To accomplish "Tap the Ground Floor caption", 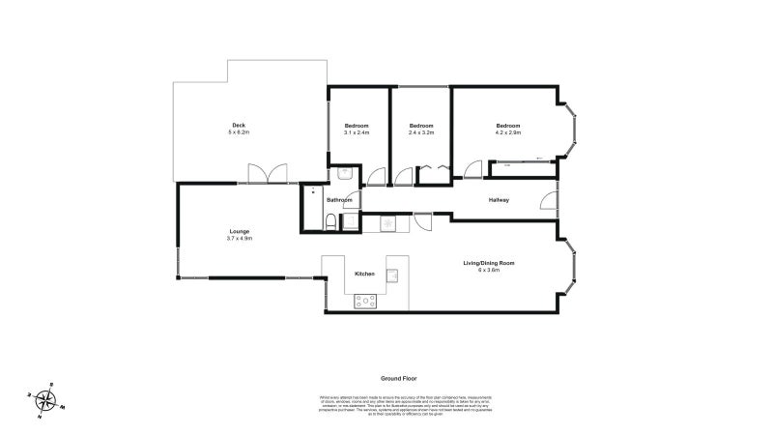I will pyautogui.click(x=398, y=379).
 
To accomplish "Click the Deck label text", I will pyautogui.click(x=238, y=125).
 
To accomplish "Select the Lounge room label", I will pyautogui.click(x=239, y=231).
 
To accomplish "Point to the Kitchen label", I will pyautogui.click(x=364, y=275).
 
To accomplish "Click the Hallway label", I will pyautogui.click(x=499, y=200).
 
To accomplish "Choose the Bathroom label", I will pyautogui.click(x=339, y=200).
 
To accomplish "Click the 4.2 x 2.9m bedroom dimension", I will pyautogui.click(x=508, y=133).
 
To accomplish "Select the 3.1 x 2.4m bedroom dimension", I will pyautogui.click(x=357, y=133).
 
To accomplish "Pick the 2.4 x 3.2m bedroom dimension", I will pyautogui.click(x=420, y=133).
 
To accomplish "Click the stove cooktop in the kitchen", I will pyautogui.click(x=366, y=302).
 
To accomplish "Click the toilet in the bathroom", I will pyautogui.click(x=330, y=222).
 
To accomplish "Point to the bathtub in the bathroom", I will pyautogui.click(x=312, y=208).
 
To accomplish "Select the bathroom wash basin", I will pyautogui.click(x=344, y=174).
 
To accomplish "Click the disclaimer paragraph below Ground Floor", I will pyautogui.click(x=398, y=404).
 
